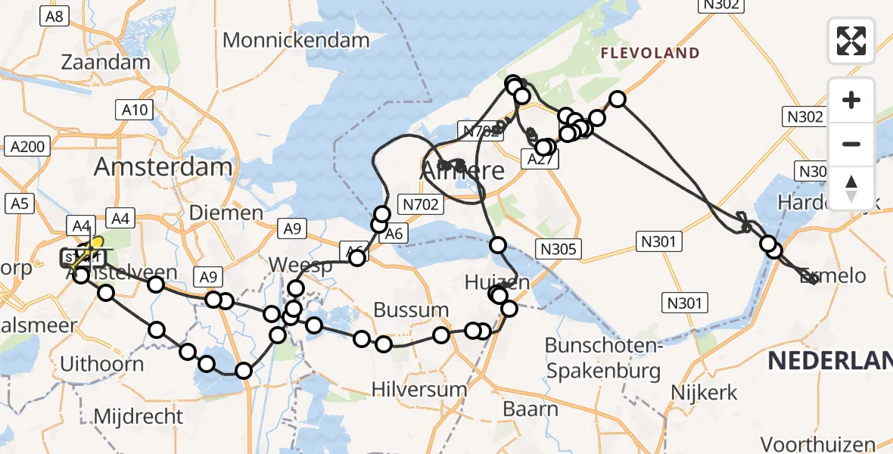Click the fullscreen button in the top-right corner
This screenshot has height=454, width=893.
[851, 41]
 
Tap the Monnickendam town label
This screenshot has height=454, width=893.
[296, 40]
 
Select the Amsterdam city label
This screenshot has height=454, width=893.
[163, 166]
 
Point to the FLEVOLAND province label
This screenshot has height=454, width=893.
[650, 53]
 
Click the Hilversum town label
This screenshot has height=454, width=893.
[419, 389]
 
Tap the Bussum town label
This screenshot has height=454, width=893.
[412, 309]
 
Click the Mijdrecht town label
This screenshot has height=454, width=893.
[138, 416]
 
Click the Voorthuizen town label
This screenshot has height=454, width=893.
[818, 444]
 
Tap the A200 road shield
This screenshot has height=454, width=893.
[29, 146]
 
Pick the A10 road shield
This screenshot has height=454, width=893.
[135, 110]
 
